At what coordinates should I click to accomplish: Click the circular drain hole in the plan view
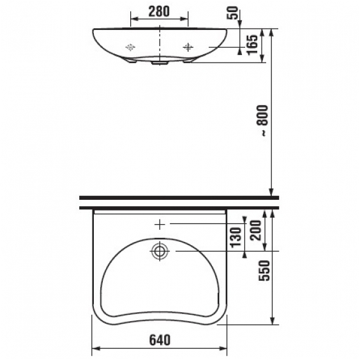(x=159, y=251)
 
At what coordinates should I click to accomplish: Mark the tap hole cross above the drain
(x=159, y=224)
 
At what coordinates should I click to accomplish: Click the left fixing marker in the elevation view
(x=131, y=47)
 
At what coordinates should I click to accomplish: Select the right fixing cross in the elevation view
(x=188, y=47)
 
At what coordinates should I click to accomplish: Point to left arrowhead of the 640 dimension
(x=97, y=349)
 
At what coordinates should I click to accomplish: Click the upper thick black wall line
(x=179, y=198)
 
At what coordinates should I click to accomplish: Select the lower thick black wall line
(x=179, y=207)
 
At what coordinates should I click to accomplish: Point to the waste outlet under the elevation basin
(x=159, y=63)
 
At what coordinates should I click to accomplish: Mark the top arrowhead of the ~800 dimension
(x=273, y=31)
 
